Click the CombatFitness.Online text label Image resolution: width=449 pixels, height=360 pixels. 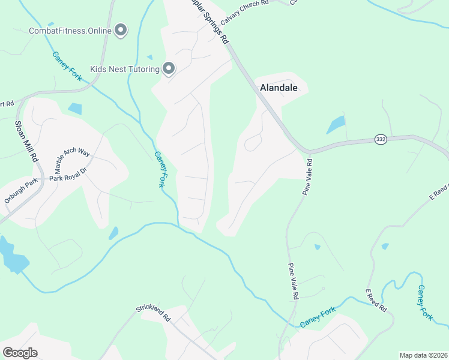(x=70, y=30)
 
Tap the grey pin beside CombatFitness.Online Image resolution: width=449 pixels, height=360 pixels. (x=121, y=29)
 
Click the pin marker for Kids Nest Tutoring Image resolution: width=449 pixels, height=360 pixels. (x=169, y=68)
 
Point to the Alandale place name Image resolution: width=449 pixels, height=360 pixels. (x=279, y=88)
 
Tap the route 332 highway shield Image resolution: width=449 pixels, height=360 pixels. (x=380, y=139)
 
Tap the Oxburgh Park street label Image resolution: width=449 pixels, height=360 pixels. (x=21, y=193)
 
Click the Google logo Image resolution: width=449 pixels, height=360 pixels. (x=20, y=353)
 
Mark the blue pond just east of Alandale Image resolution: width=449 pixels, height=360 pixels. (x=336, y=125)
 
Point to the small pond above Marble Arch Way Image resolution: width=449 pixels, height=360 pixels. (x=74, y=109)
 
